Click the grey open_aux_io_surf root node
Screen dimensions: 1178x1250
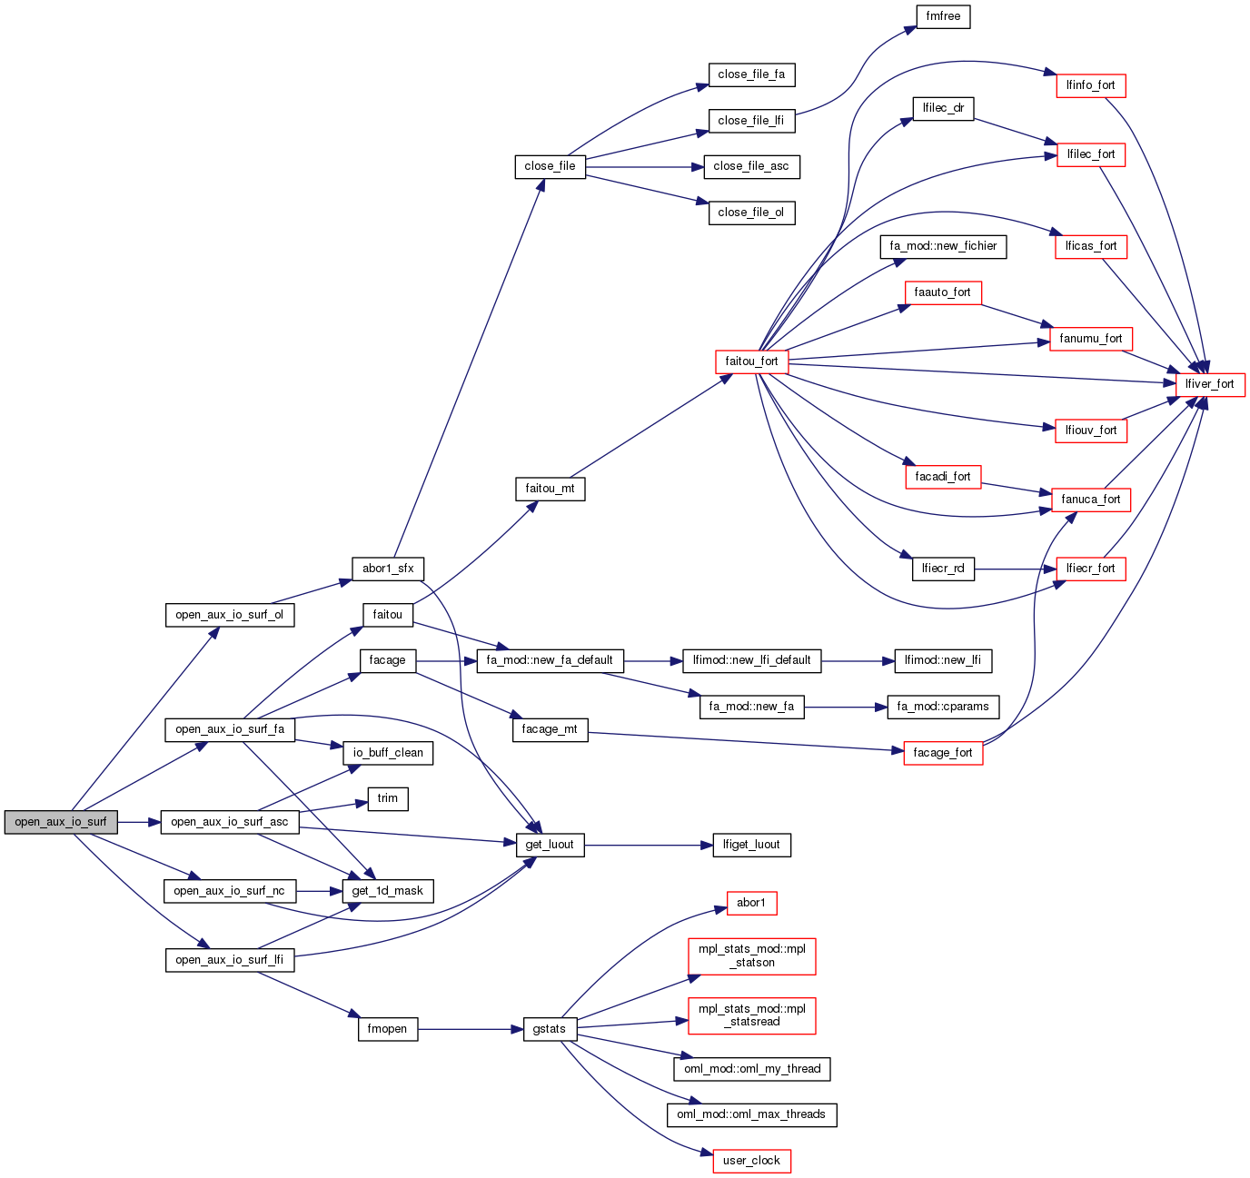pyautogui.click(x=61, y=822)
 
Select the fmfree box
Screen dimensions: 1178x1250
pyautogui.click(x=943, y=16)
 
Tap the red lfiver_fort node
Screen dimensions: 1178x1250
pyautogui.click(x=1209, y=384)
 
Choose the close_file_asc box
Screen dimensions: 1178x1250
pyautogui.click(x=751, y=166)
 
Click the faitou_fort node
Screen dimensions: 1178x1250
pyautogui.click(x=751, y=361)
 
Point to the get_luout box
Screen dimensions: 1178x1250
pyautogui.click(x=550, y=845)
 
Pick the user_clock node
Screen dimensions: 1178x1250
pyautogui.click(x=751, y=1161)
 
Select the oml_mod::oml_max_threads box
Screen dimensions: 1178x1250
pyautogui.click(x=751, y=1114)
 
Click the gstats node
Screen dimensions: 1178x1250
pyautogui.click(x=550, y=1029)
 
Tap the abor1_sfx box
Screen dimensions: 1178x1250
pyautogui.click(x=388, y=569)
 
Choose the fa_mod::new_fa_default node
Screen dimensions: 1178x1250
pyautogui.click(x=550, y=660)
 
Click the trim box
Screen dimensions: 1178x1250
pyautogui.click(x=388, y=798)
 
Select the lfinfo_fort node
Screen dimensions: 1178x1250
pyautogui.click(x=1090, y=85)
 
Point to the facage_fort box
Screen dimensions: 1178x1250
pyautogui.click(x=943, y=753)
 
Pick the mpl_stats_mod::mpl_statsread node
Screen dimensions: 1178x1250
pyautogui.click(x=751, y=1015)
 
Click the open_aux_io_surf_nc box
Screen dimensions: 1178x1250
pyautogui.click(x=229, y=891)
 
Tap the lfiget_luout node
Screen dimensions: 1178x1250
pyautogui.click(x=751, y=845)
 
